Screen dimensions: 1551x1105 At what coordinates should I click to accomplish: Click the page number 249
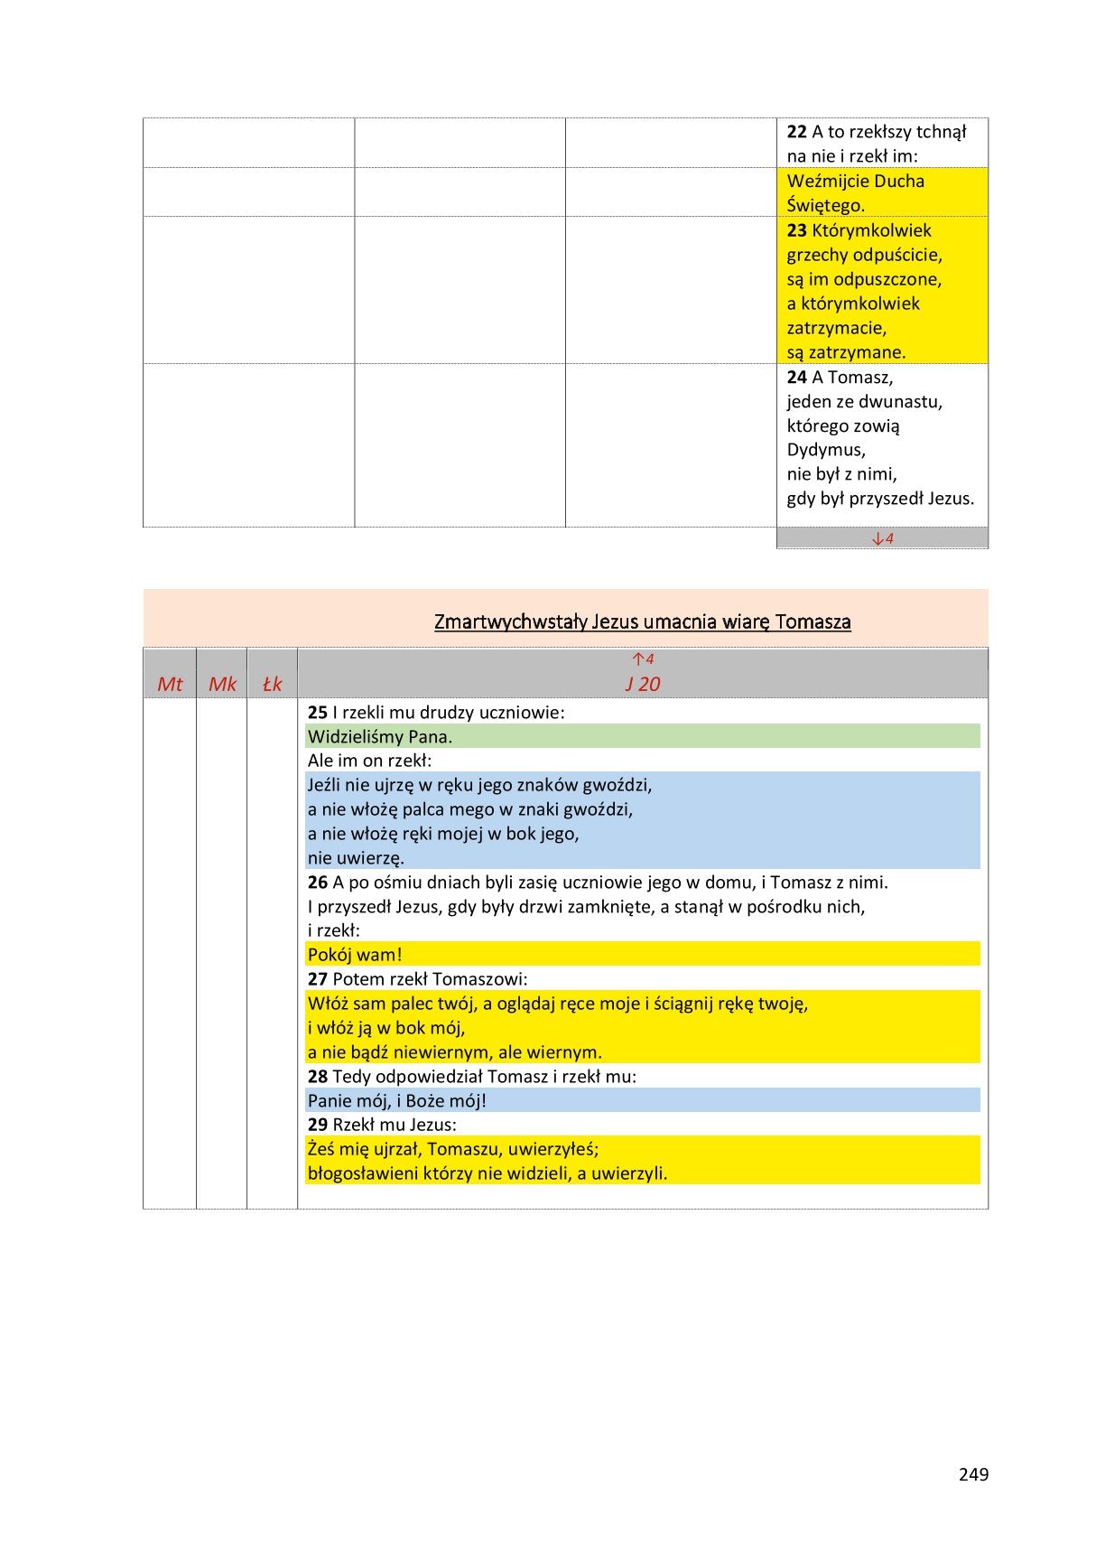(973, 1474)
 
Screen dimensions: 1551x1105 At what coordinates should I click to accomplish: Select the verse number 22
(796, 132)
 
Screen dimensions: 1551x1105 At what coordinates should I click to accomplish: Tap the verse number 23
(796, 230)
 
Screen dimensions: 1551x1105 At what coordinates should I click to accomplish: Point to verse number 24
(796, 378)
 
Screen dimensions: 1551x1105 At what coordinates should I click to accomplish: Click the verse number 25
(317, 713)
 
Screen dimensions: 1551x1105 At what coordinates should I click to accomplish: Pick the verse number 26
(317, 883)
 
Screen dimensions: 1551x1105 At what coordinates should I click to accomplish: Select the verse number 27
(317, 979)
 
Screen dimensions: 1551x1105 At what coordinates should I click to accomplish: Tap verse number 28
(317, 1077)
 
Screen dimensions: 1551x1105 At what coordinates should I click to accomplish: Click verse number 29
(317, 1126)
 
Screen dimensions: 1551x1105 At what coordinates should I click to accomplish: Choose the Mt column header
(170, 685)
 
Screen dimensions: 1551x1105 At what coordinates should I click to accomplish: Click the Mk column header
(222, 685)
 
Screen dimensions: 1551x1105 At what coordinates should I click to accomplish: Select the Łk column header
(272, 685)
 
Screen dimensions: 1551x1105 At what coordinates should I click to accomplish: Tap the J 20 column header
(643, 685)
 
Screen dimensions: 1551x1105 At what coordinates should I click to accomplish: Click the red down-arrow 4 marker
(882, 539)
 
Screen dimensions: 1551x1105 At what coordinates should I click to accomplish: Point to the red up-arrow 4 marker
(643, 659)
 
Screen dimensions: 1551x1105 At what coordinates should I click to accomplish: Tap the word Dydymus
(826, 450)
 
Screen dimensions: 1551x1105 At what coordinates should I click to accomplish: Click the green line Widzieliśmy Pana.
(380, 737)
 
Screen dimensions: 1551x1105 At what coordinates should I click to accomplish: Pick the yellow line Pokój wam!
(355, 955)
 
